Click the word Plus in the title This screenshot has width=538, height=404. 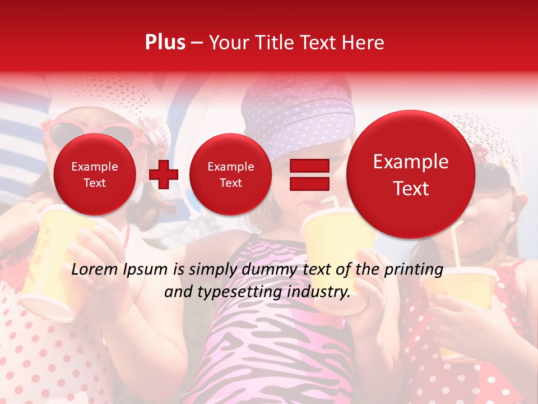click(x=165, y=43)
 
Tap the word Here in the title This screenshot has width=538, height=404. click(x=364, y=43)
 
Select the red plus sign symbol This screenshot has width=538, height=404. click(x=164, y=175)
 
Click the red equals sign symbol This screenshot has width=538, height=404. click(x=309, y=175)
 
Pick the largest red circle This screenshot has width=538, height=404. click(x=411, y=175)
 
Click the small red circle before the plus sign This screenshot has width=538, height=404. click(x=95, y=175)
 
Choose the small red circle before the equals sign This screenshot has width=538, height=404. click(x=231, y=175)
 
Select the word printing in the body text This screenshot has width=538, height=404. click(x=414, y=269)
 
